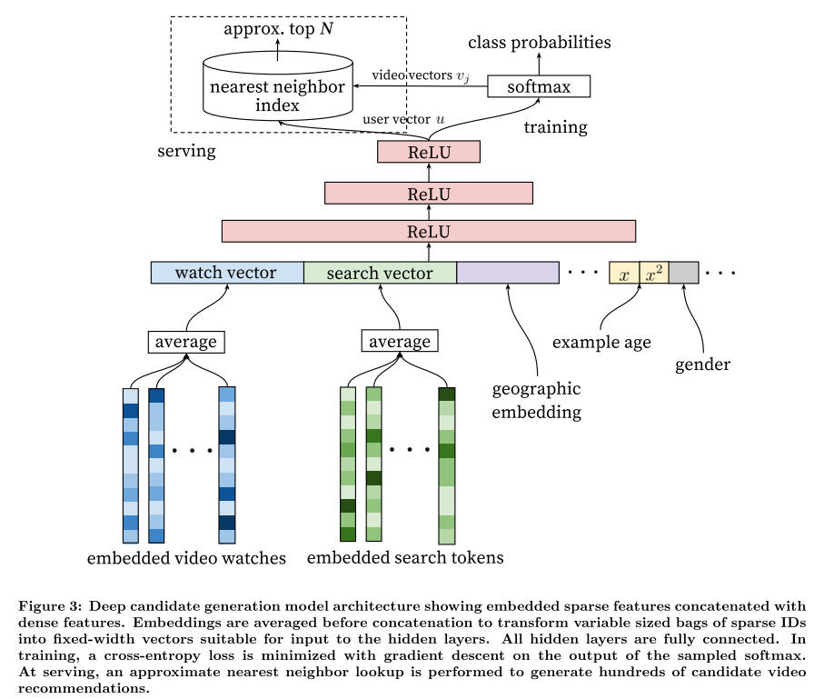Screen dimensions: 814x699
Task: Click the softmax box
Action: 539,86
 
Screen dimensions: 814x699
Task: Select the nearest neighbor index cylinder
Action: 278,86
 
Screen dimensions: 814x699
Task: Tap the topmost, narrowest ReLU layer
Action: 429,152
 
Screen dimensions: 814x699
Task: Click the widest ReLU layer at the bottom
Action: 429,231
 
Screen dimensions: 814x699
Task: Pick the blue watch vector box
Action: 227,273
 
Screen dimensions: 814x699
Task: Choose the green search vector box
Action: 380,273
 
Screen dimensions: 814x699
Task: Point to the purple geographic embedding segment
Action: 508,273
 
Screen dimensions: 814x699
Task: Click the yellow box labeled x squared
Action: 654,273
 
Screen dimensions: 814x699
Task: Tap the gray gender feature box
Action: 684,273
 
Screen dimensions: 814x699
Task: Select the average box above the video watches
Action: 186,343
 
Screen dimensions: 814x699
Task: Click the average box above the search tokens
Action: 400,341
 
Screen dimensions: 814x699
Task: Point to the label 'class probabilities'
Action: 540,43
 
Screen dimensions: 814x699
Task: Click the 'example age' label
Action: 601,343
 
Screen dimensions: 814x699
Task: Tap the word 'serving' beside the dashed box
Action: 186,151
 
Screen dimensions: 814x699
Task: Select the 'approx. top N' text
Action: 278,29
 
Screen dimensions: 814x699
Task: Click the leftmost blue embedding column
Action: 131,465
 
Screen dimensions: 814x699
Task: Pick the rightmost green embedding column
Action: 446,465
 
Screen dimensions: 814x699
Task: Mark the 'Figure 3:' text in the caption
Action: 50,606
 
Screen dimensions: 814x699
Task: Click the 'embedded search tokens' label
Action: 405,558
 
